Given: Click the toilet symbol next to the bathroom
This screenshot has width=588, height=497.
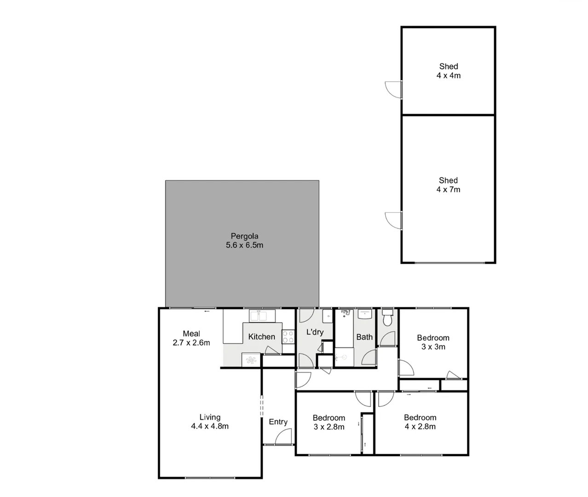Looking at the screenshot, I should click(x=387, y=317).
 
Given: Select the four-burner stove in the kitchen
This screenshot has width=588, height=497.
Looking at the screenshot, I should click(x=288, y=336).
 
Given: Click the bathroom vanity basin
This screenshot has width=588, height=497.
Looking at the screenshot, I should click(x=365, y=315).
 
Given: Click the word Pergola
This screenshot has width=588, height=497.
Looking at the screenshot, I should click(x=244, y=236).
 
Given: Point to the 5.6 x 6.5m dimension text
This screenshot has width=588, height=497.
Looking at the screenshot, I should click(x=244, y=245).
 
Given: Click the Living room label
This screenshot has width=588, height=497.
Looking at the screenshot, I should click(x=210, y=417).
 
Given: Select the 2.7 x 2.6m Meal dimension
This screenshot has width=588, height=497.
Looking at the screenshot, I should click(x=191, y=343).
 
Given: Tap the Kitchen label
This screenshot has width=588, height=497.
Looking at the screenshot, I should click(x=261, y=337).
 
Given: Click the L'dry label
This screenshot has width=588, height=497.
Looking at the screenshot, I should click(x=315, y=332).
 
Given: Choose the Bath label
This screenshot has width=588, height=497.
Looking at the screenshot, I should click(x=364, y=337).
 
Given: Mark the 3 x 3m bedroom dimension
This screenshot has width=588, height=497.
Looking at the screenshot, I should click(x=433, y=347).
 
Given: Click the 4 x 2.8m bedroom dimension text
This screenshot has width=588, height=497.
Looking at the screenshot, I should click(x=420, y=427).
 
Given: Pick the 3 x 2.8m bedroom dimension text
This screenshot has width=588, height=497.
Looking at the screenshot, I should click(x=329, y=427).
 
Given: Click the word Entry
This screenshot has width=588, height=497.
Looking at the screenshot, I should click(x=278, y=422).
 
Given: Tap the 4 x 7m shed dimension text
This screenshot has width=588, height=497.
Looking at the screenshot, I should click(x=448, y=190).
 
